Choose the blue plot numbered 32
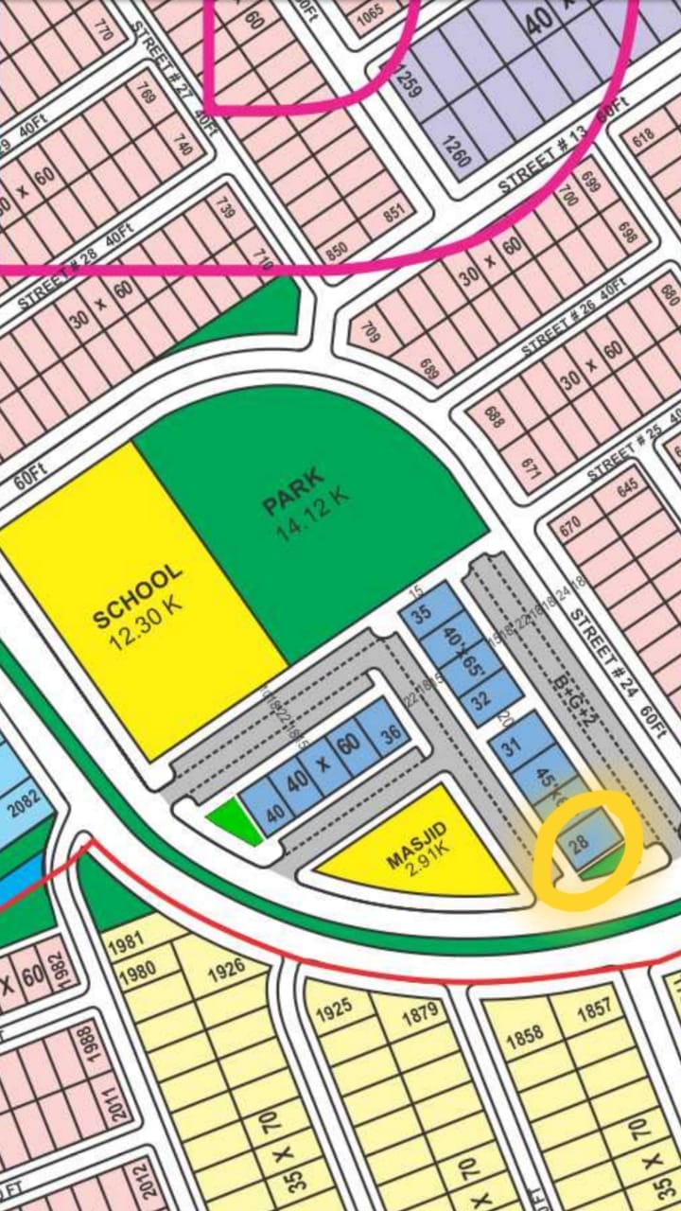[x=480, y=701]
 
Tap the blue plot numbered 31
[x=512, y=746]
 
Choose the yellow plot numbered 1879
[x=421, y=1012]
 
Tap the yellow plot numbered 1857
[x=594, y=1009]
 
